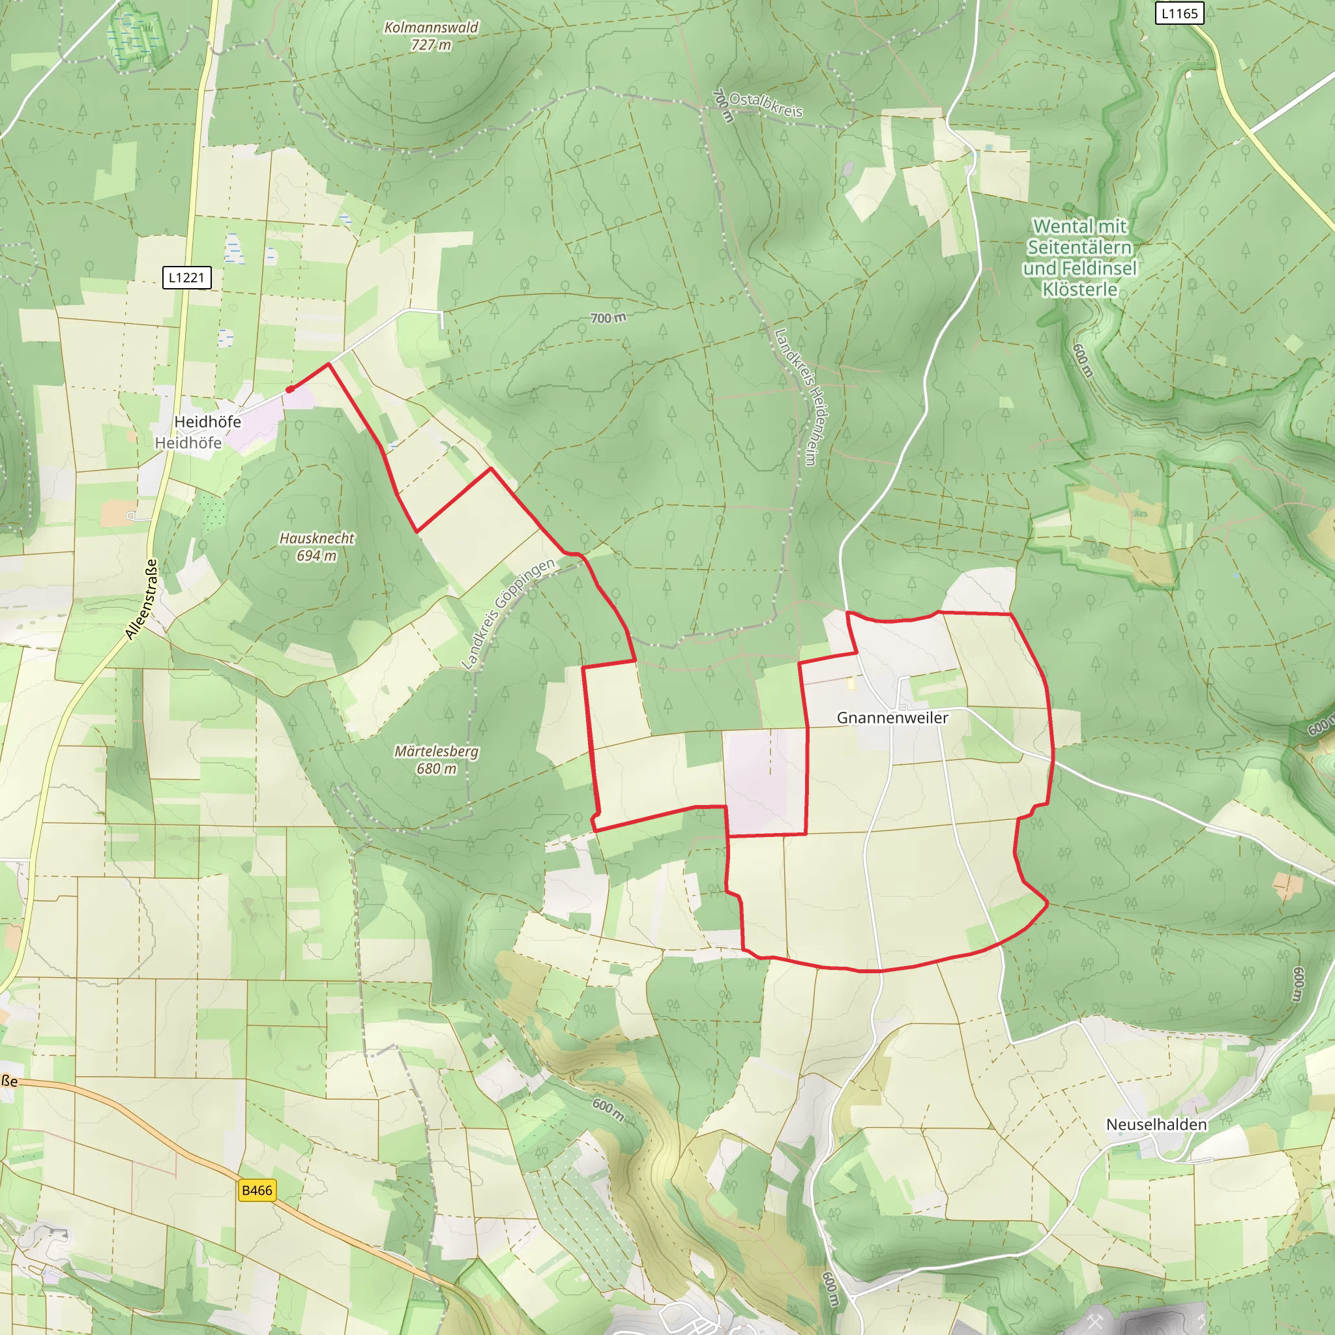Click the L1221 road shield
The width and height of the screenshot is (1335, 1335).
(x=186, y=278)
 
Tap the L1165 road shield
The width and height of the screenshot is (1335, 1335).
(x=1179, y=13)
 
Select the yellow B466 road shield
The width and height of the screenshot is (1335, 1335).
(x=257, y=1190)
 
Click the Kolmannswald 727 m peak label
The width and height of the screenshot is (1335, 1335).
(x=431, y=36)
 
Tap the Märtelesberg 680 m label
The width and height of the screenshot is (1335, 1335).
(x=436, y=759)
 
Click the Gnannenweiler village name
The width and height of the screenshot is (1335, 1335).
(x=892, y=718)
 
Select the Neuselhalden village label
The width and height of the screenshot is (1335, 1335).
(x=1156, y=1124)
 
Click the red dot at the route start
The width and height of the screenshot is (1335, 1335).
(x=290, y=389)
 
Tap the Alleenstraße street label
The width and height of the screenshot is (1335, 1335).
(x=141, y=599)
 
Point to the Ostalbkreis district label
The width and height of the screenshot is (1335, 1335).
(x=766, y=104)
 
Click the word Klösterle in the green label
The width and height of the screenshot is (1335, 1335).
(x=1079, y=289)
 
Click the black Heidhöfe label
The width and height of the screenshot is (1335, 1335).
(x=207, y=422)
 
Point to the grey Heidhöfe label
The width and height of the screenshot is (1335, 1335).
(x=188, y=443)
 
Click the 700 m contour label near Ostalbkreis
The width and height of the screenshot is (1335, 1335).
(x=723, y=106)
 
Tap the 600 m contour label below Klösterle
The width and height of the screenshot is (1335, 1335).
(x=1083, y=360)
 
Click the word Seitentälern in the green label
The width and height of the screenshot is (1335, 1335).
(x=1079, y=247)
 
